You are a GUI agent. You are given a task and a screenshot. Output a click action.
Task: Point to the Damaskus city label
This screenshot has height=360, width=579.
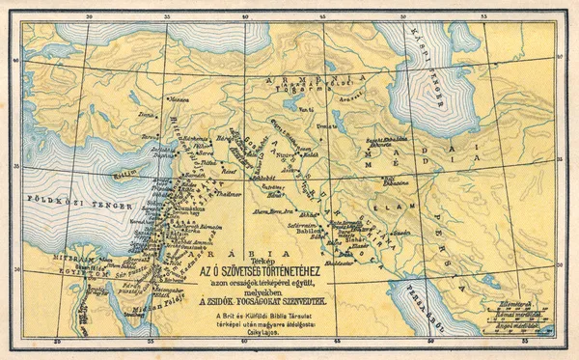[198, 208]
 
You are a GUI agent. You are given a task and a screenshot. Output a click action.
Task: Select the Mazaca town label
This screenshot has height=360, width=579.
[179, 99]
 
